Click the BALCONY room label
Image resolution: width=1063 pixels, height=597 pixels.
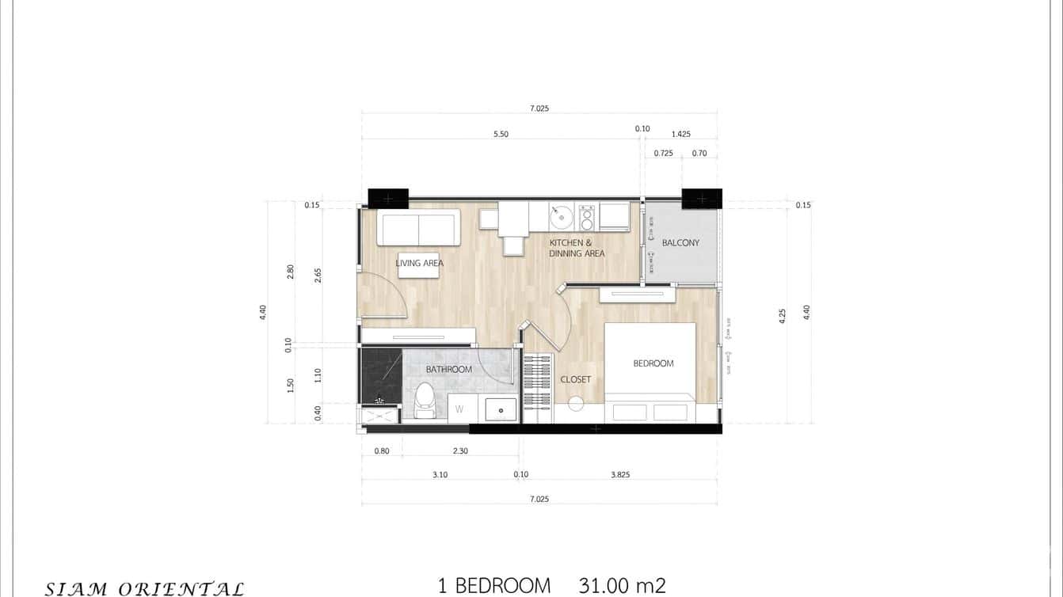tap(680, 243)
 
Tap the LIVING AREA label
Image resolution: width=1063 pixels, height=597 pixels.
tap(419, 263)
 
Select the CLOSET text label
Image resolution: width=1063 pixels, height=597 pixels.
tap(575, 379)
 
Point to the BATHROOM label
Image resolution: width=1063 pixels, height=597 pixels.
tap(448, 369)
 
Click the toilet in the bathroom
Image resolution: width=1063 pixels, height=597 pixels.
tap(425, 400)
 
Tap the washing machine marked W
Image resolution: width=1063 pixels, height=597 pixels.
tap(460, 409)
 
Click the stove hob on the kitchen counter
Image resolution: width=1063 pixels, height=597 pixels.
tap(587, 217)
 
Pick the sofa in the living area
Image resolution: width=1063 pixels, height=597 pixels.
tap(418, 228)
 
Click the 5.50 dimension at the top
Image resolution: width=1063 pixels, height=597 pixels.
tap(501, 135)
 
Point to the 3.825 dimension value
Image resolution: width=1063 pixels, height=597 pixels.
tap(620, 475)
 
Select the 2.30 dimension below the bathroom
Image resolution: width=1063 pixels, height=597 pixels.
tap(460, 451)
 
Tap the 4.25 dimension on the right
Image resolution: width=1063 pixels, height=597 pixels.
tap(783, 316)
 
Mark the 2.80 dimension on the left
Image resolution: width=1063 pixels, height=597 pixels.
tap(290, 272)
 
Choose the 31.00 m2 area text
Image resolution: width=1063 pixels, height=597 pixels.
tap(622, 586)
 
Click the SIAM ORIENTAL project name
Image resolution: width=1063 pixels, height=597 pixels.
tap(144, 588)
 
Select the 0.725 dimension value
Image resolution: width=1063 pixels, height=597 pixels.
tap(663, 153)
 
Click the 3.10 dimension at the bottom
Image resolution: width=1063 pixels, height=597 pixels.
tap(440, 475)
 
